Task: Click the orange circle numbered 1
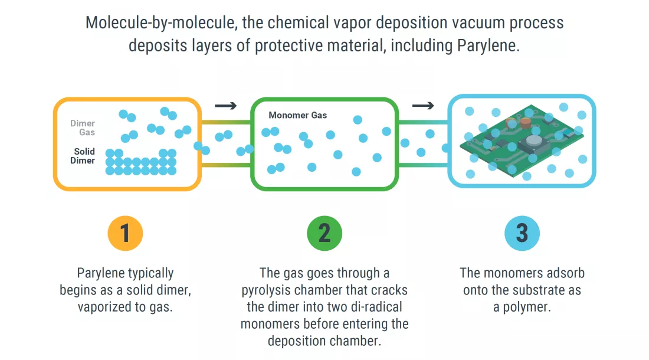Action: click(125, 233)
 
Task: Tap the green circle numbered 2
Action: click(324, 233)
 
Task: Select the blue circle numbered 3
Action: click(522, 233)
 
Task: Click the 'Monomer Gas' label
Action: click(297, 115)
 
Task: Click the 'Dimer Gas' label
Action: click(83, 128)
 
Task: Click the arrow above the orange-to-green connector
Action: click(225, 106)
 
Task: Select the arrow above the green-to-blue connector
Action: click(422, 106)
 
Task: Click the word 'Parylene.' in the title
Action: click(489, 46)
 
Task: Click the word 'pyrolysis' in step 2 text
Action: click(269, 290)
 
